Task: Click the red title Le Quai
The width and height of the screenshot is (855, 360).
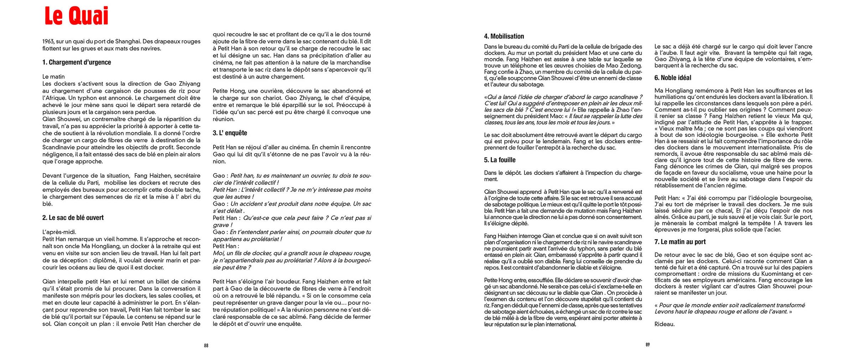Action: [76, 16]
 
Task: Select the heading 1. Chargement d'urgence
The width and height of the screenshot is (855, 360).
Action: [77, 62]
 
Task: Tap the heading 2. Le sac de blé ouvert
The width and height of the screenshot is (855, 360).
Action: [73, 218]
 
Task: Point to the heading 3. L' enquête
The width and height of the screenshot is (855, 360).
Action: [230, 133]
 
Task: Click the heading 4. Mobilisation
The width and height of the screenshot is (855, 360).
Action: [504, 36]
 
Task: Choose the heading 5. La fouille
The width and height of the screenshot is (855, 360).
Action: [499, 160]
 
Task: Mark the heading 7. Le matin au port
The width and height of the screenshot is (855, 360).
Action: [680, 242]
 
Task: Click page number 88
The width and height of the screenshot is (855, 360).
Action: [206, 345]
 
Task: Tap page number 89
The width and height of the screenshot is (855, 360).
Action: [648, 345]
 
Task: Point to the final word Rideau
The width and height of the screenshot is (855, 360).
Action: [664, 324]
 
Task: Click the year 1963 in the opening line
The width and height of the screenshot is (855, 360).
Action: [48, 41]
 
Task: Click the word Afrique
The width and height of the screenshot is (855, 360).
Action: [55, 98]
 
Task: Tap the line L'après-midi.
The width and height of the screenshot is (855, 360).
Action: [59, 232]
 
